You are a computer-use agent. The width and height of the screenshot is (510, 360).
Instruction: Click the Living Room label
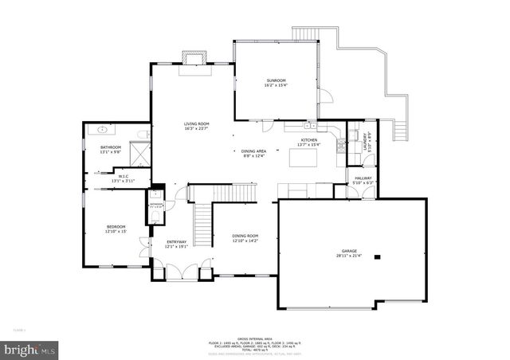(x=196, y=125)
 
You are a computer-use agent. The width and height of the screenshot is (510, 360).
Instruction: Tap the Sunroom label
(x=276, y=82)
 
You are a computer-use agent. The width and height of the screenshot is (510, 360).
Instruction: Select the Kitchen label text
(x=308, y=141)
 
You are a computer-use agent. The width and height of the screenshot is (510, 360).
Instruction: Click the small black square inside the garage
(x=378, y=256)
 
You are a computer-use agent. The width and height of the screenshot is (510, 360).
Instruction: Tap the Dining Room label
(x=245, y=237)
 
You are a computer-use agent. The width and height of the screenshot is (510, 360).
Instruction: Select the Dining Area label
(x=254, y=152)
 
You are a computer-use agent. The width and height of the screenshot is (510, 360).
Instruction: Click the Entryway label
(x=176, y=243)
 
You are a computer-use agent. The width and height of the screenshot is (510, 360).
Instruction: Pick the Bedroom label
(x=116, y=229)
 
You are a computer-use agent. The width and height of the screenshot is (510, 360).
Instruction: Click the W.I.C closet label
(x=124, y=178)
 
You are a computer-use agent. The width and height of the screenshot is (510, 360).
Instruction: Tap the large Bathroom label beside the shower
(x=110, y=149)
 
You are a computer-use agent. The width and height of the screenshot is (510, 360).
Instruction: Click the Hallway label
(x=363, y=179)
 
